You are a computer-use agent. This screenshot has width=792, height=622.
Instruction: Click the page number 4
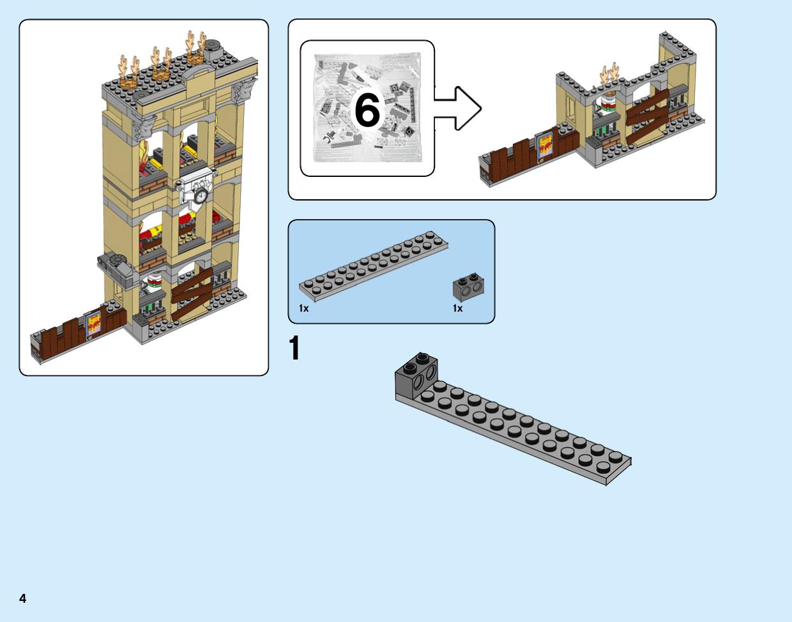(23, 598)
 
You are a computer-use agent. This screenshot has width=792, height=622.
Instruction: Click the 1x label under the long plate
(303, 308)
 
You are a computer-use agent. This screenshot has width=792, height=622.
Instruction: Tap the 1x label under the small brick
(457, 308)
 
